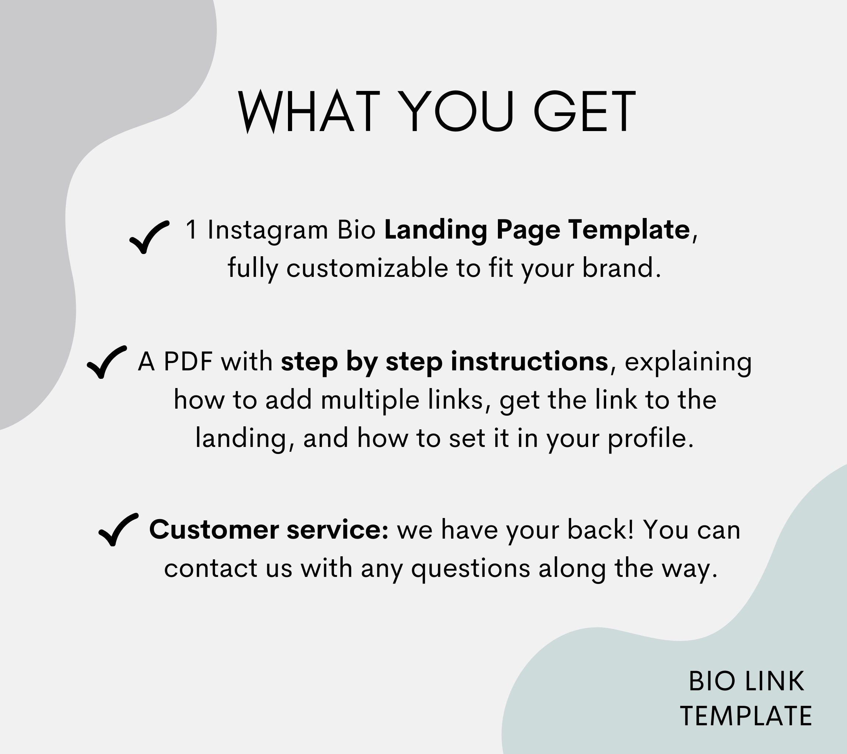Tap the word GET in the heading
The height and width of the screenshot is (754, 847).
584,112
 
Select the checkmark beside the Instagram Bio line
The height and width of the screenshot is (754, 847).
148,237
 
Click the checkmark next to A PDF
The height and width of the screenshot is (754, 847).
106,362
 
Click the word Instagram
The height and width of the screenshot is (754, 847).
268,230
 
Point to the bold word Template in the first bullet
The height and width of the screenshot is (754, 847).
629,230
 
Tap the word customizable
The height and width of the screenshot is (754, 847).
367,268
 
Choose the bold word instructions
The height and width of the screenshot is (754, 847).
529,361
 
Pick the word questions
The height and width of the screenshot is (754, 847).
470,568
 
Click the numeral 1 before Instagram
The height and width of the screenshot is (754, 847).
191,230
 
